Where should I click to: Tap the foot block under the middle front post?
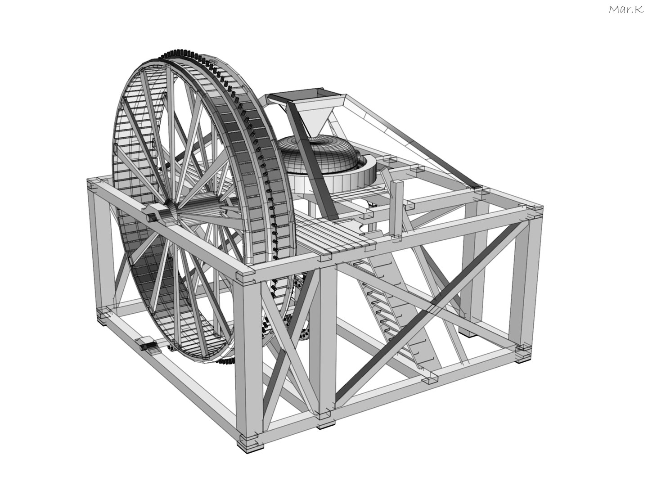327,423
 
